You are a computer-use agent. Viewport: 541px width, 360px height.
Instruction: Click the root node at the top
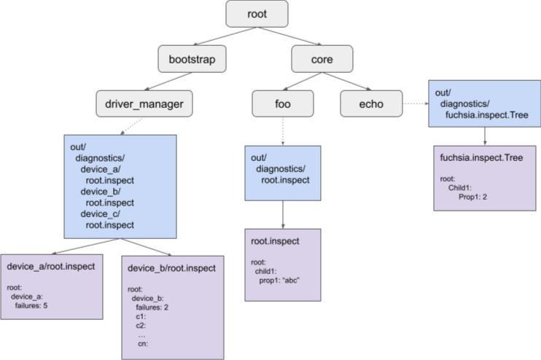coord(257,14)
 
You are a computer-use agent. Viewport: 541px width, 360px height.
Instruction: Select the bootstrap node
coord(190,58)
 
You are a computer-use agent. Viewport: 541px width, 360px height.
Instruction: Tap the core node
coord(322,58)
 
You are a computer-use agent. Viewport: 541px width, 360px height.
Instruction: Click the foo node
coord(283,103)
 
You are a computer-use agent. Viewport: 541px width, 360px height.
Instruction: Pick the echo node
coord(371,103)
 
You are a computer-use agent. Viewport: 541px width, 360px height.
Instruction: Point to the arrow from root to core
coord(289,36)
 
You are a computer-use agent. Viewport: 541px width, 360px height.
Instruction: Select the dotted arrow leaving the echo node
coord(415,103)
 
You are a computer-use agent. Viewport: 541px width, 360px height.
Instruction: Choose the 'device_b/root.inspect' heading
coord(171,269)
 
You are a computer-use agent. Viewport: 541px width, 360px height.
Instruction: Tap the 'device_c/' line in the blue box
coord(101,214)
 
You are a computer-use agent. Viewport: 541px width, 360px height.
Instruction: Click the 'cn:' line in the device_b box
coord(144,344)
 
